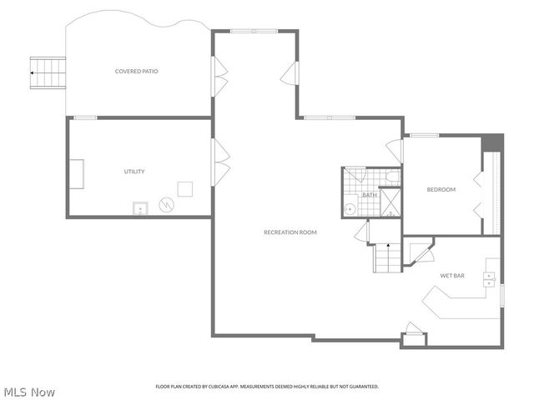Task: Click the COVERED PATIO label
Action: coord(136,72)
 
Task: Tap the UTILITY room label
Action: coord(134,172)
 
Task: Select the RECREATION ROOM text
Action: coord(290,232)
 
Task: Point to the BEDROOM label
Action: coord(441,190)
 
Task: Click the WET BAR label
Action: coord(452,275)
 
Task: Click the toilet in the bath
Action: coord(391,177)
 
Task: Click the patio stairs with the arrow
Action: coord(48,72)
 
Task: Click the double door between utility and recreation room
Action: coord(220,162)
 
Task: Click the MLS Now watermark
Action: coord(29,391)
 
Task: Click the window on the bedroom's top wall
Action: coord(424,135)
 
